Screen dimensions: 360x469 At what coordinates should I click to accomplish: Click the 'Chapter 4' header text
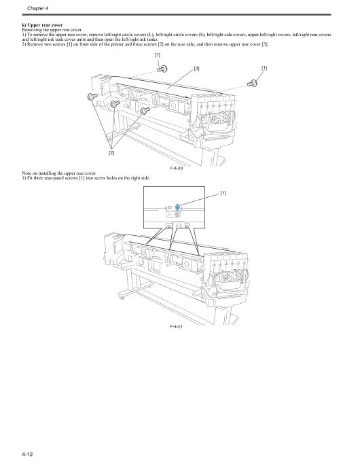pos(29,7)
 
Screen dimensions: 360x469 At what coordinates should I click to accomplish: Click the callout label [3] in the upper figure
pos(196,68)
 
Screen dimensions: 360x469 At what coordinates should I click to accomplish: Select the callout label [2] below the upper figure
pos(111,154)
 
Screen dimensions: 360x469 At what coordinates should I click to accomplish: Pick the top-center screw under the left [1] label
pos(162,68)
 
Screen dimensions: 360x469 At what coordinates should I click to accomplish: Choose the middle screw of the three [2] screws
pos(115,103)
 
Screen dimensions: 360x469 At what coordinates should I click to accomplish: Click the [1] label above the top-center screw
pos(158,54)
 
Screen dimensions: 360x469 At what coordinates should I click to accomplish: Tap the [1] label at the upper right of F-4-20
pos(264,68)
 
